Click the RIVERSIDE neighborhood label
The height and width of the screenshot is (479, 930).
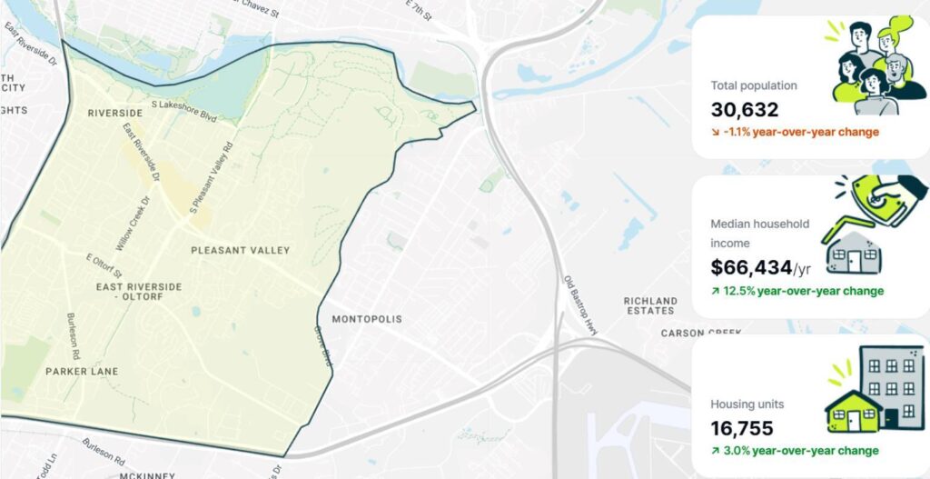[115, 113]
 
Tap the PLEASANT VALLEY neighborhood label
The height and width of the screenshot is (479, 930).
[240, 250]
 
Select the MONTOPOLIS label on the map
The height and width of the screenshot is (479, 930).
[366, 319]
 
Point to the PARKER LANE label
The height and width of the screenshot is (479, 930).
[82, 372]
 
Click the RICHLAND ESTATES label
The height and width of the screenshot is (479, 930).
[650, 305]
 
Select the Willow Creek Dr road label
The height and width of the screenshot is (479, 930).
[131, 224]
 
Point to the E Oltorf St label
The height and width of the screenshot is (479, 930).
[104, 266]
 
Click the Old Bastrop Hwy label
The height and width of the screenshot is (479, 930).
[578, 304]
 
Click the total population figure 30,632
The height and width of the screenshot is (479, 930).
[745, 110]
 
